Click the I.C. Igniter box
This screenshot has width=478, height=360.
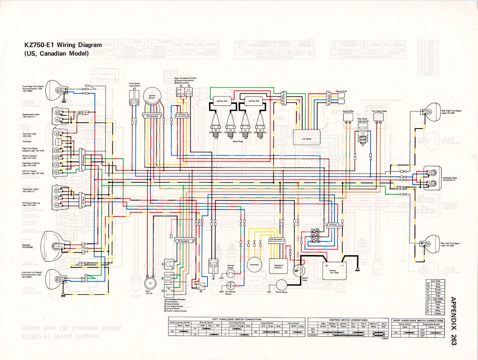(x=307, y=137)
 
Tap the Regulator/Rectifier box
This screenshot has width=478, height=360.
(x=279, y=267)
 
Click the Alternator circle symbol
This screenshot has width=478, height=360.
(x=254, y=265)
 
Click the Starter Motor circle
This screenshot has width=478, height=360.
(x=281, y=285)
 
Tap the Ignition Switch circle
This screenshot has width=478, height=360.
(x=152, y=97)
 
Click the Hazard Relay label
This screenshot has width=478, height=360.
(x=348, y=111)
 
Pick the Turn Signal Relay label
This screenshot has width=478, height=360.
(x=379, y=111)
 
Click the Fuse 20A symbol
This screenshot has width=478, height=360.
(x=315, y=232)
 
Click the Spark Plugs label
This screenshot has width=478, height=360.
(x=238, y=141)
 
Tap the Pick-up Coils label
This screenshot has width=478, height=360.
(x=341, y=91)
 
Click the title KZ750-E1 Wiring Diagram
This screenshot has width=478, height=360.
(x=63, y=45)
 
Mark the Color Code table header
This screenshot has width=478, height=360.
(x=435, y=281)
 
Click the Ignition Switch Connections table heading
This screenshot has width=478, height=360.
(x=348, y=320)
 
